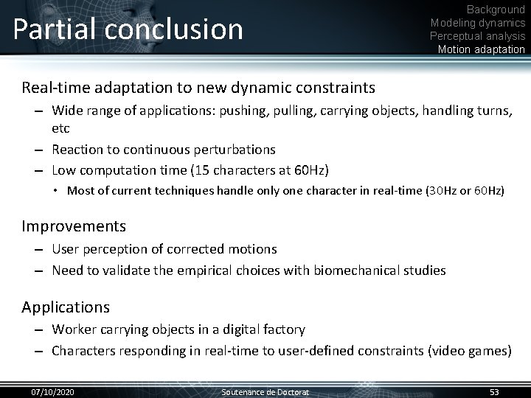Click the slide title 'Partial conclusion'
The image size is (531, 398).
[x=128, y=29]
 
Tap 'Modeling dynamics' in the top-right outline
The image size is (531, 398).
[x=478, y=23]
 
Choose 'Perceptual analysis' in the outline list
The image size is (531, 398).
[x=478, y=36]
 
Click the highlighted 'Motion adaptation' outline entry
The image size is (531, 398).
[x=481, y=49]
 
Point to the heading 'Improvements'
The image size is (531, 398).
[x=74, y=226]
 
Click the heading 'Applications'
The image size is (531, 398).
[x=66, y=307]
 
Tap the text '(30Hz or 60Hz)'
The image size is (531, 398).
[x=465, y=191]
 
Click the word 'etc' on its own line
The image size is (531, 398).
[x=60, y=128]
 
